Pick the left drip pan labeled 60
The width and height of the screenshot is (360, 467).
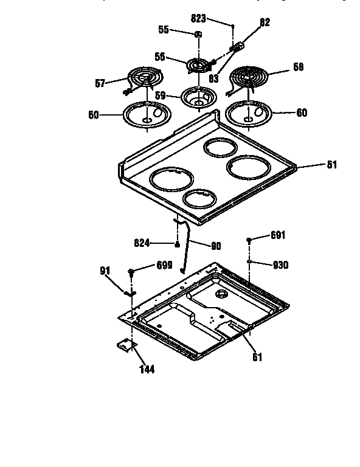pos(147,114)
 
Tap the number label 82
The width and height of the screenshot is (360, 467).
pos(265,22)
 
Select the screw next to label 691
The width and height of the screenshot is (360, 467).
pos(250,241)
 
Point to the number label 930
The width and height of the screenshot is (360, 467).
pos(280,265)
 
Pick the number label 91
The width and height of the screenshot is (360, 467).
pos(105,272)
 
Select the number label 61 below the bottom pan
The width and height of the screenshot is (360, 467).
pos(257,358)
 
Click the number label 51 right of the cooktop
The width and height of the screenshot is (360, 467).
pos(332,165)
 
